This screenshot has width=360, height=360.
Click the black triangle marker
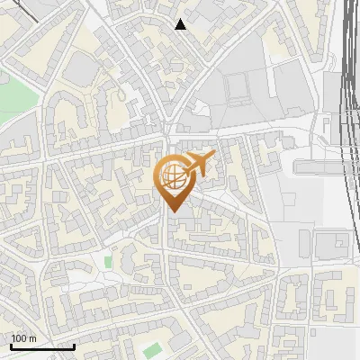181,24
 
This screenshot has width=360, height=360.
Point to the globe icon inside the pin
174,178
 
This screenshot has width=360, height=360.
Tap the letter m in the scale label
31,338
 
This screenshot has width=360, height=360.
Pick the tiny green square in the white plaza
109,261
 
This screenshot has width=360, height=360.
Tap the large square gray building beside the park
82,68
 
